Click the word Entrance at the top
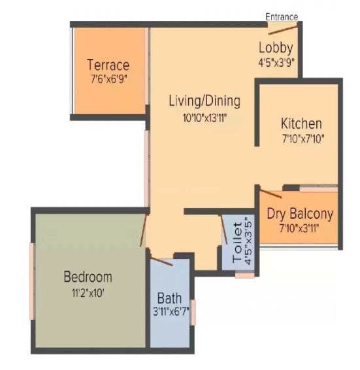[x=282, y=16]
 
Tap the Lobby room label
[x=276, y=48]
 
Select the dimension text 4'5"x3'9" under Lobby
[x=276, y=63]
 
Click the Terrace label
[x=108, y=65]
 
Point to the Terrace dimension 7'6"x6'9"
[x=108, y=80]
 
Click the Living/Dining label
[x=204, y=101]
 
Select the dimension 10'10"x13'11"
[x=204, y=118]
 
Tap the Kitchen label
[x=301, y=124]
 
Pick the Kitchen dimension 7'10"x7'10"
[x=301, y=139]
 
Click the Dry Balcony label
[x=300, y=214]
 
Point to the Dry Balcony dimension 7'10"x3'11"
[x=300, y=229]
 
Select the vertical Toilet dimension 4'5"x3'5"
[x=248, y=239]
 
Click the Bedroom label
[x=88, y=277]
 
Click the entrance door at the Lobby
[x=282, y=28]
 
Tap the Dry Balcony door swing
[x=271, y=192]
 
